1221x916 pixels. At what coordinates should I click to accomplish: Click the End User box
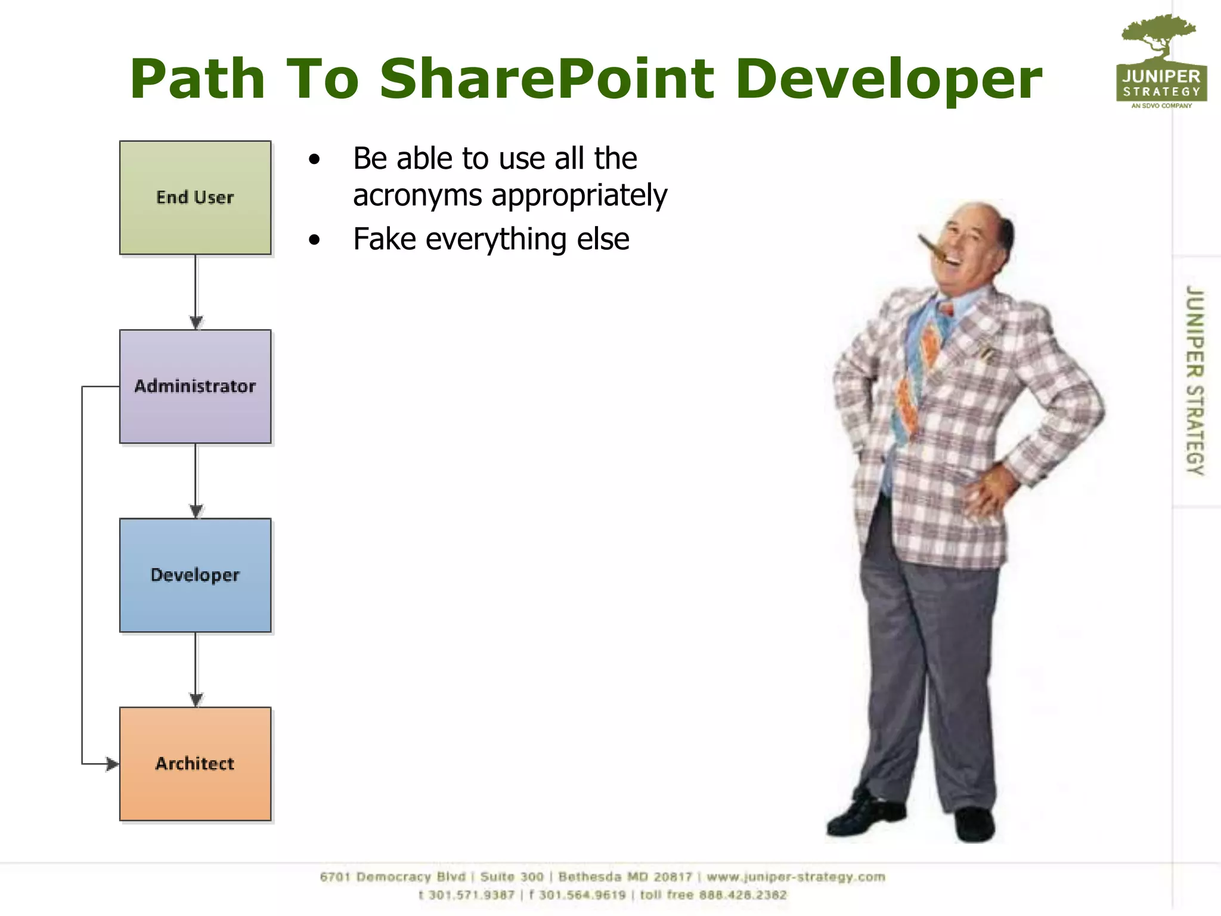195,197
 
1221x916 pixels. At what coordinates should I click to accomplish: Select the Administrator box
195,386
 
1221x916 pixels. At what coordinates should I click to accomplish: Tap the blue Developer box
195,575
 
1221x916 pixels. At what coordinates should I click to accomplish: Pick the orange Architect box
195,764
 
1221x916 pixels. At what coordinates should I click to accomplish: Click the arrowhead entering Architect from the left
111,763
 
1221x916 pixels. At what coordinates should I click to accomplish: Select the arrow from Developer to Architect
196,668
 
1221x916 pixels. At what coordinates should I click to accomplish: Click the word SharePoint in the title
547,79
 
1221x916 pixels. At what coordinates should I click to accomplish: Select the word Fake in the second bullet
385,239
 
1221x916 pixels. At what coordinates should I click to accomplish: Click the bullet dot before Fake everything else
315,240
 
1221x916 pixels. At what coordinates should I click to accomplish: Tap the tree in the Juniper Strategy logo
1158,36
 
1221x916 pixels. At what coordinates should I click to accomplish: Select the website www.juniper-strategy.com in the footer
795,877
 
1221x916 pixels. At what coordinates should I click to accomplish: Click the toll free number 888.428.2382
743,895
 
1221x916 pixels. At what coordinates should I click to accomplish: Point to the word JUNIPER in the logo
1161,76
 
